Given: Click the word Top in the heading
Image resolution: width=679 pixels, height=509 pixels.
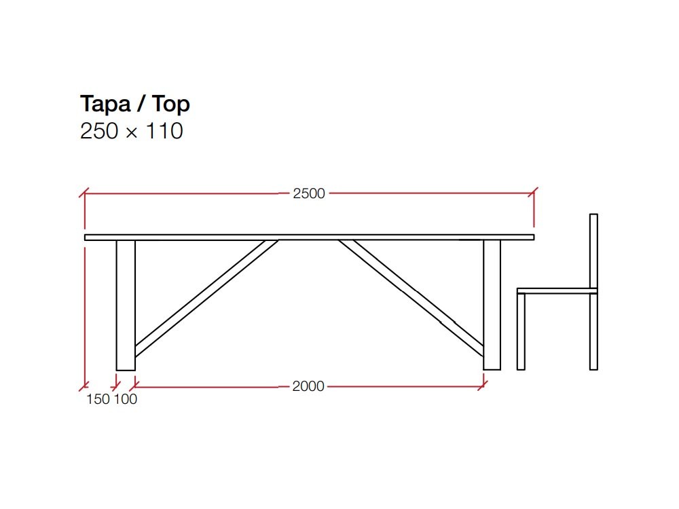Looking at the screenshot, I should click(170, 105).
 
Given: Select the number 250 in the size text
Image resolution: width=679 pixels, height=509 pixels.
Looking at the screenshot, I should click(100, 130).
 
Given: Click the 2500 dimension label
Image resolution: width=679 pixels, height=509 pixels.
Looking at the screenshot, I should click(309, 193).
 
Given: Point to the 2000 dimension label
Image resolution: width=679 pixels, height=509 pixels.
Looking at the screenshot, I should click(308, 387).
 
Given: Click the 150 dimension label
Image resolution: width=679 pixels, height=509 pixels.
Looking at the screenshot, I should click(98, 400).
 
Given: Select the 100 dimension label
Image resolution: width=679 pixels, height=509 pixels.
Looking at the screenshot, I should click(125, 400).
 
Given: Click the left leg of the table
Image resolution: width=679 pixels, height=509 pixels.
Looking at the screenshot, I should click(126, 305).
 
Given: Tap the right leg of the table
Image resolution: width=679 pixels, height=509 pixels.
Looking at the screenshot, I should click(492, 305).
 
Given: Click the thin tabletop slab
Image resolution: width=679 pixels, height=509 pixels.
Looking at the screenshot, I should click(309, 237).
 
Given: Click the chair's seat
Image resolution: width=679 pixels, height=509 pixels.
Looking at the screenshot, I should click(557, 290).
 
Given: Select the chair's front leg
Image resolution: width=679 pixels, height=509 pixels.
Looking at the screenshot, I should click(521, 332).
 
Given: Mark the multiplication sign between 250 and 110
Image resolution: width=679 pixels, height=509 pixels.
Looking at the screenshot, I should click(132, 132).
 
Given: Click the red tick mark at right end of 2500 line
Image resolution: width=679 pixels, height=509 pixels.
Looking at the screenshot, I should click(534, 193).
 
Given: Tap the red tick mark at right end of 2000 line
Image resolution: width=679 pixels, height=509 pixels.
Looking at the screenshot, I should click(483, 387).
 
